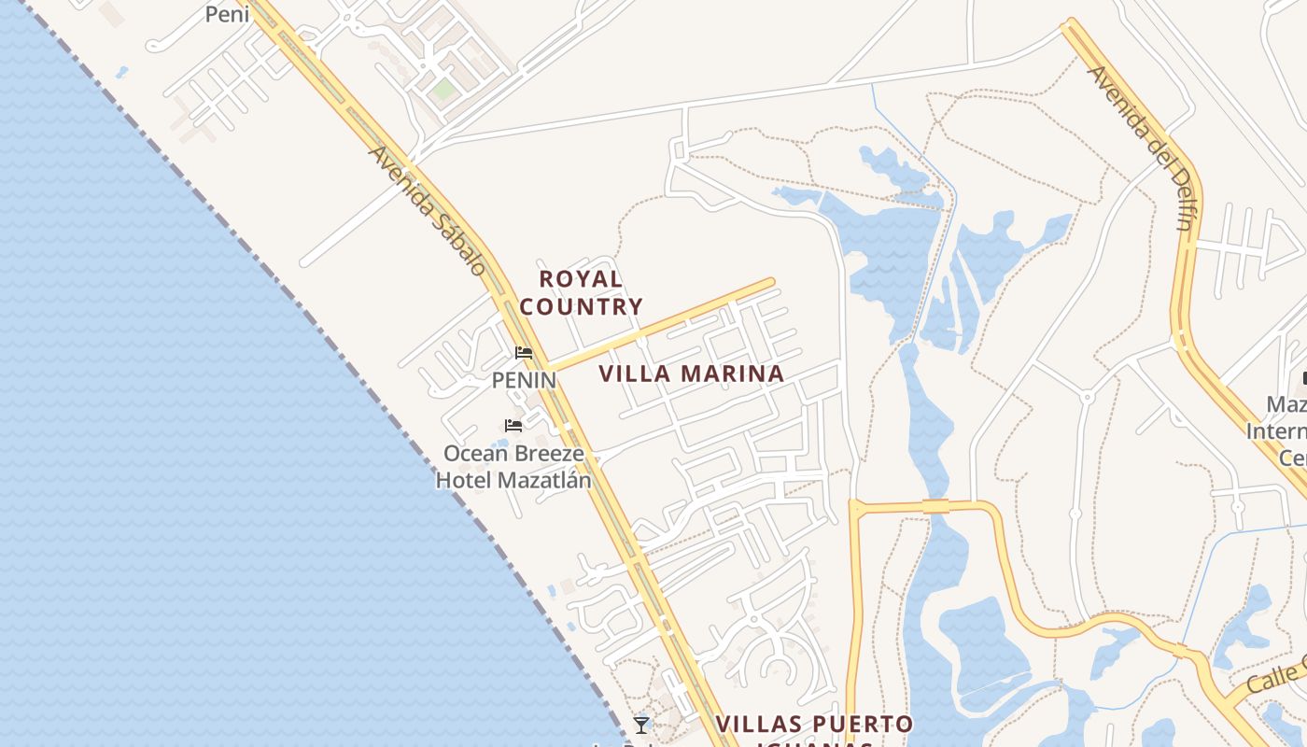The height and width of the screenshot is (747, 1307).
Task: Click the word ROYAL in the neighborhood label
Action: [x=581, y=279]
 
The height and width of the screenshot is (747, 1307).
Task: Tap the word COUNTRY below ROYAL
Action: [x=581, y=306]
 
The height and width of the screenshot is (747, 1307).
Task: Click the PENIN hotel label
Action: [x=524, y=381]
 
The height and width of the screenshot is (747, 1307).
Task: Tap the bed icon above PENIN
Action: [x=524, y=353]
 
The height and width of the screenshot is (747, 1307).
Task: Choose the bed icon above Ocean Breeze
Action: [x=513, y=426]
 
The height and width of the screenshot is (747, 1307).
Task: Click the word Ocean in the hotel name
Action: [x=474, y=454]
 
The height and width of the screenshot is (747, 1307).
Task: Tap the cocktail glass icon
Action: [x=640, y=725]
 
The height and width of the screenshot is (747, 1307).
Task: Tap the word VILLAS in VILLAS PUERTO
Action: [x=755, y=725]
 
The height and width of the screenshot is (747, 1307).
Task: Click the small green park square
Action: [x=443, y=90]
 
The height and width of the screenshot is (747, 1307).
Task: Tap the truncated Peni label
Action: [x=227, y=14]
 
